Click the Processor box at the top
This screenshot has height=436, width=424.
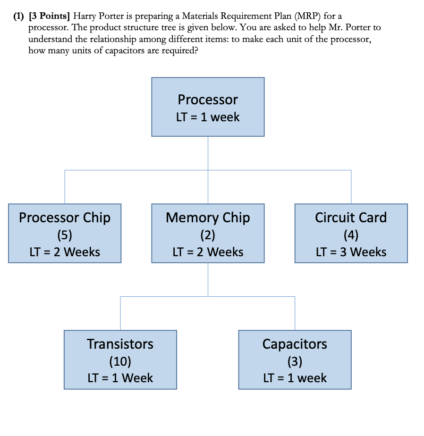208,107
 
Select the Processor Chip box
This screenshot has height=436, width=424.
65,233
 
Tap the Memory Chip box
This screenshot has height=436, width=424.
208,233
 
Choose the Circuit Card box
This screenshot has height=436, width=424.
351,233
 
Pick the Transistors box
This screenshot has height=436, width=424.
120,360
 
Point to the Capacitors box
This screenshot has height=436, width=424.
295,360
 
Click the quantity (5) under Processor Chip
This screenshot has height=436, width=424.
65,235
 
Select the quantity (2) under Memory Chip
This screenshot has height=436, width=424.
208,235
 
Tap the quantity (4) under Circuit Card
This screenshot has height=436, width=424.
351,235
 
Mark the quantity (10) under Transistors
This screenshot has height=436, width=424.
120,361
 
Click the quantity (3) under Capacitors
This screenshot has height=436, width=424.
295,361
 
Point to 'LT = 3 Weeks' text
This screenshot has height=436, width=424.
351,252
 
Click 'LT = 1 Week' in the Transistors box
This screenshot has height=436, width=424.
120,378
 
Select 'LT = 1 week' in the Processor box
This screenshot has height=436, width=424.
208,117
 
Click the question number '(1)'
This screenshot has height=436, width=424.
18,17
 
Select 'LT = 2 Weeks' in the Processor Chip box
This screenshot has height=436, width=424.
65,252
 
